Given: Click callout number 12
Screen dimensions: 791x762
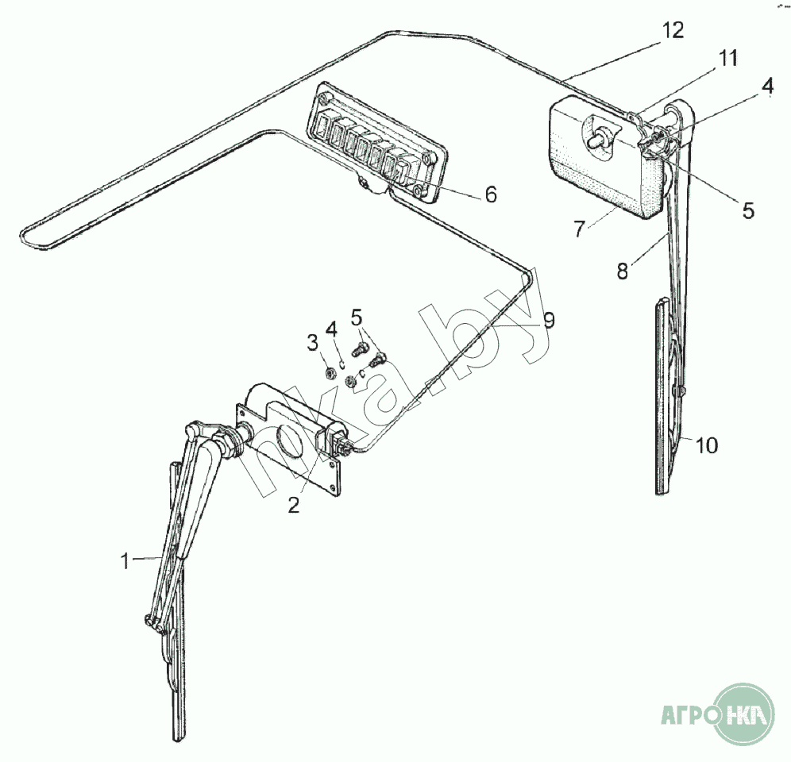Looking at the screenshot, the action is pos(673,31).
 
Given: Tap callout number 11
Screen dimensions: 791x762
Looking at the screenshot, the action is pos(727,58).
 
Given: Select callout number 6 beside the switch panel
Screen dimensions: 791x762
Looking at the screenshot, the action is pos(491,194).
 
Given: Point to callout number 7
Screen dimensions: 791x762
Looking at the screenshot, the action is pos(579,229).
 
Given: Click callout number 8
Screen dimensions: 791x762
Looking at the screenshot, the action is pos(623,271).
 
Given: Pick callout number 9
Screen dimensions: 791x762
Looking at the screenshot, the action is pos(549,320).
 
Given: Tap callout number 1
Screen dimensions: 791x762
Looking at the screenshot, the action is pos(125,560).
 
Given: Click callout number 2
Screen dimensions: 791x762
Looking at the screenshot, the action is pos(294,504).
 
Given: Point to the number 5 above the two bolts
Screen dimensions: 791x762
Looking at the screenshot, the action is pos(356,317).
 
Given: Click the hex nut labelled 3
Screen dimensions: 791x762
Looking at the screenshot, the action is pos(331,374).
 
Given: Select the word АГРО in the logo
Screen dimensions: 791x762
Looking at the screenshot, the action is pos(688,715).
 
